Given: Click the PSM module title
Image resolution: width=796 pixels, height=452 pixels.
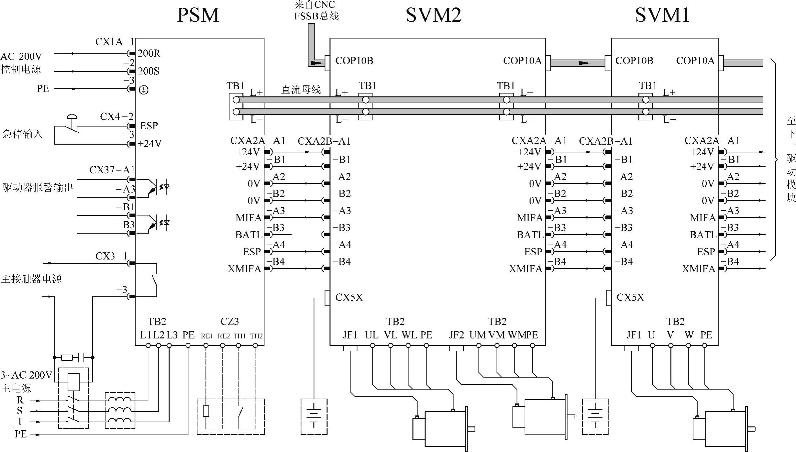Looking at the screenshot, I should click(198, 15).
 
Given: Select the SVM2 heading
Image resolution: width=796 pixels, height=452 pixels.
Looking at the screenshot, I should click(433, 15).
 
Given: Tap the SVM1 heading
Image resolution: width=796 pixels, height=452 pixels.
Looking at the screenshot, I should click(662, 15).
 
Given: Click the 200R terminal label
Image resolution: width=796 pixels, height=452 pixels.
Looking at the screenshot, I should click(149, 53).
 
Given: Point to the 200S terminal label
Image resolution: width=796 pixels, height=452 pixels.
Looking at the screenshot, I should click(149, 71).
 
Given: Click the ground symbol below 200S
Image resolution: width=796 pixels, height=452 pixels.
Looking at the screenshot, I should click(144, 90).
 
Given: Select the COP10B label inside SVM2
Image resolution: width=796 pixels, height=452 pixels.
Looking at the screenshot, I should click(354, 61).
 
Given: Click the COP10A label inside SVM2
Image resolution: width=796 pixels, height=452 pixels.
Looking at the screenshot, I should click(522, 61).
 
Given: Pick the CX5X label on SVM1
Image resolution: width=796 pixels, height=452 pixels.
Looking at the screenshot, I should click(630, 297).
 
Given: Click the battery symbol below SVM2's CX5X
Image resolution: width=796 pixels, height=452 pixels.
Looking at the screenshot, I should click(314, 417).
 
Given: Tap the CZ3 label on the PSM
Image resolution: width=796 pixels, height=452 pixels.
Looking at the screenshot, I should click(229, 321).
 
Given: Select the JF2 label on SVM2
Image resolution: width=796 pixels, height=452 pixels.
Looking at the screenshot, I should click(456, 335).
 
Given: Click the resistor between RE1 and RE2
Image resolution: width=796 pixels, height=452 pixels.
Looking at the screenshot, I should click(206, 411).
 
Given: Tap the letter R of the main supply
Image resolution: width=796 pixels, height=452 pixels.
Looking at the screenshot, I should click(20, 400).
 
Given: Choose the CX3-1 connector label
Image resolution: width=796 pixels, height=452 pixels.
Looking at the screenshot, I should click(111, 256).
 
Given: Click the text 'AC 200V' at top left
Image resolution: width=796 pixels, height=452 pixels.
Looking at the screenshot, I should click(21, 57).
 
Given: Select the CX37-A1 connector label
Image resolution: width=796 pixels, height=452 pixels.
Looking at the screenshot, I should click(112, 170).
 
